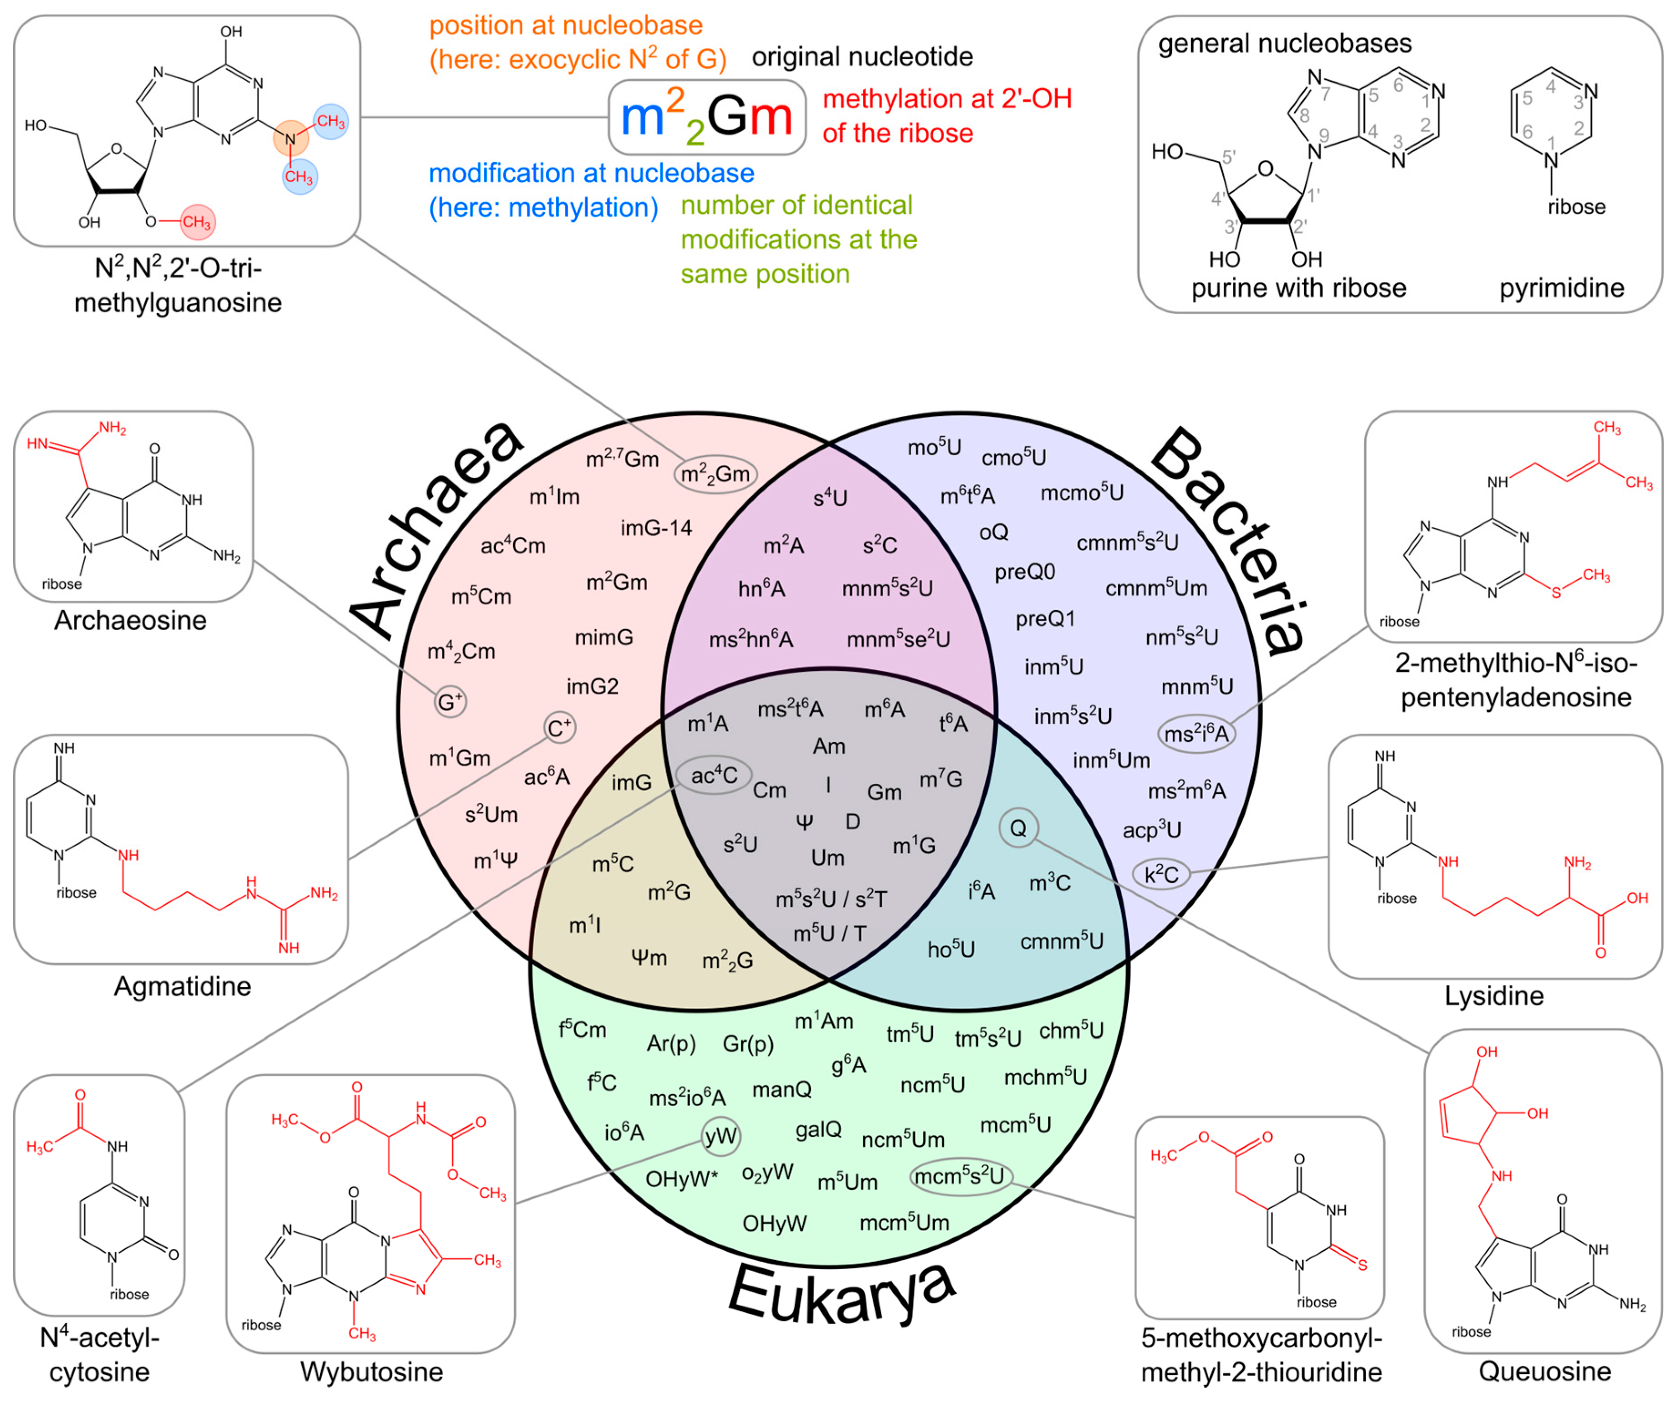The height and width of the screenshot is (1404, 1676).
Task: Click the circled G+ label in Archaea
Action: pos(450,702)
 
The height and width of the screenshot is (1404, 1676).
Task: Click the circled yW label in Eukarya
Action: pos(720,1136)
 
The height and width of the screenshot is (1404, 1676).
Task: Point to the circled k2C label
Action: pos(1161,875)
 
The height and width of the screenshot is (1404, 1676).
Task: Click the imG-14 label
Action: pos(656,528)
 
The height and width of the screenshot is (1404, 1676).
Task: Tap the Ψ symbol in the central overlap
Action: pos(804,822)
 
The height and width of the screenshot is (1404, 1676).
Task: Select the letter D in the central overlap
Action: pos(853,822)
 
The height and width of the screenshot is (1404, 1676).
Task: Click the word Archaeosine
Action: pos(130,620)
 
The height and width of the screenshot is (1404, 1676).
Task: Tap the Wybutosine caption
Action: pos(371,1371)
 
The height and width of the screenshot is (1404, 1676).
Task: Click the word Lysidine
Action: pos(1494,996)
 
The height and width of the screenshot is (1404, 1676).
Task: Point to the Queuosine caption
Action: pos(1544,1371)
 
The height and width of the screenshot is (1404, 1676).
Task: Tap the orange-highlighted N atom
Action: pos(291,139)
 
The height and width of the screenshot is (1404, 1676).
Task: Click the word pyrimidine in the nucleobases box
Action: pos(1561,288)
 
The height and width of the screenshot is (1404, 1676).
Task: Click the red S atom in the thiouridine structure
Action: pos(1362,1265)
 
